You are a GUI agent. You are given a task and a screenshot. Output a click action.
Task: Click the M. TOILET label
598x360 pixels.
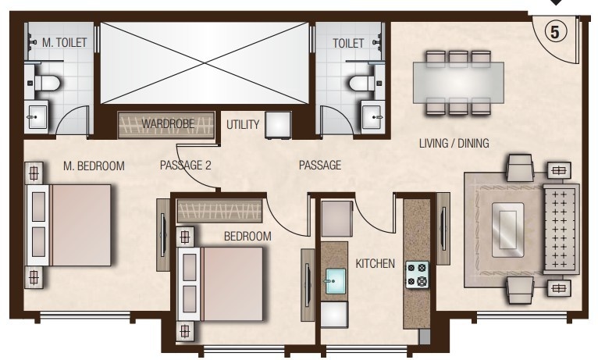click(59, 42)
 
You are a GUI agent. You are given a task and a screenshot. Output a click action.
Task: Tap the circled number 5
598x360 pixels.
click(554, 32)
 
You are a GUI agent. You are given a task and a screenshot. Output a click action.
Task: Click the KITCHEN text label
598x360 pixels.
click(375, 264)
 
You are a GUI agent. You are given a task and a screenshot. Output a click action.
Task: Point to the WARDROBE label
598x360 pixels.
click(166, 124)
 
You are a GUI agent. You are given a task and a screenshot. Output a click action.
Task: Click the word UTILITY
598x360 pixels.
click(242, 124)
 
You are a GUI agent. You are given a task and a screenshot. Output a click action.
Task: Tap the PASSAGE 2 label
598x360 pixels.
click(186, 165)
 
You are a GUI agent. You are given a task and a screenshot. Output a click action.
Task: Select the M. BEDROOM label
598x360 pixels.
click(94, 165)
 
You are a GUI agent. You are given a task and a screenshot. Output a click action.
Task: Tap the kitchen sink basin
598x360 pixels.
click(335, 278)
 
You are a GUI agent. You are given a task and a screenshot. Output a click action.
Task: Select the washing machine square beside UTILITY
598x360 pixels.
click(277, 126)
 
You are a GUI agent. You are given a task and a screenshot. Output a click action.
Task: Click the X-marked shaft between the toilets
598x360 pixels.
click(205, 62)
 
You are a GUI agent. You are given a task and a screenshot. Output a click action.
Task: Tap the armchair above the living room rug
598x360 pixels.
click(520, 167)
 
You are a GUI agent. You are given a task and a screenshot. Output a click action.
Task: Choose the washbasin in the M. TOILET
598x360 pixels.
click(37, 119)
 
